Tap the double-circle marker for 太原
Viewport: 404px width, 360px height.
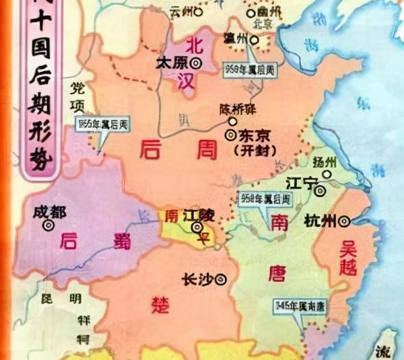tap(196, 63)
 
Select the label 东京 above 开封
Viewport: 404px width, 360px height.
tap(252, 135)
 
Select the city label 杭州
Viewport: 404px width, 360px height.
tap(321, 220)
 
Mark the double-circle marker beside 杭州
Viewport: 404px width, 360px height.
tap(345, 220)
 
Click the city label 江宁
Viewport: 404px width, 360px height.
tap(300, 183)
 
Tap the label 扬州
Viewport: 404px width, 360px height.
tap(325, 163)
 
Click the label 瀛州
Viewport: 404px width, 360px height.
tap(239, 40)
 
